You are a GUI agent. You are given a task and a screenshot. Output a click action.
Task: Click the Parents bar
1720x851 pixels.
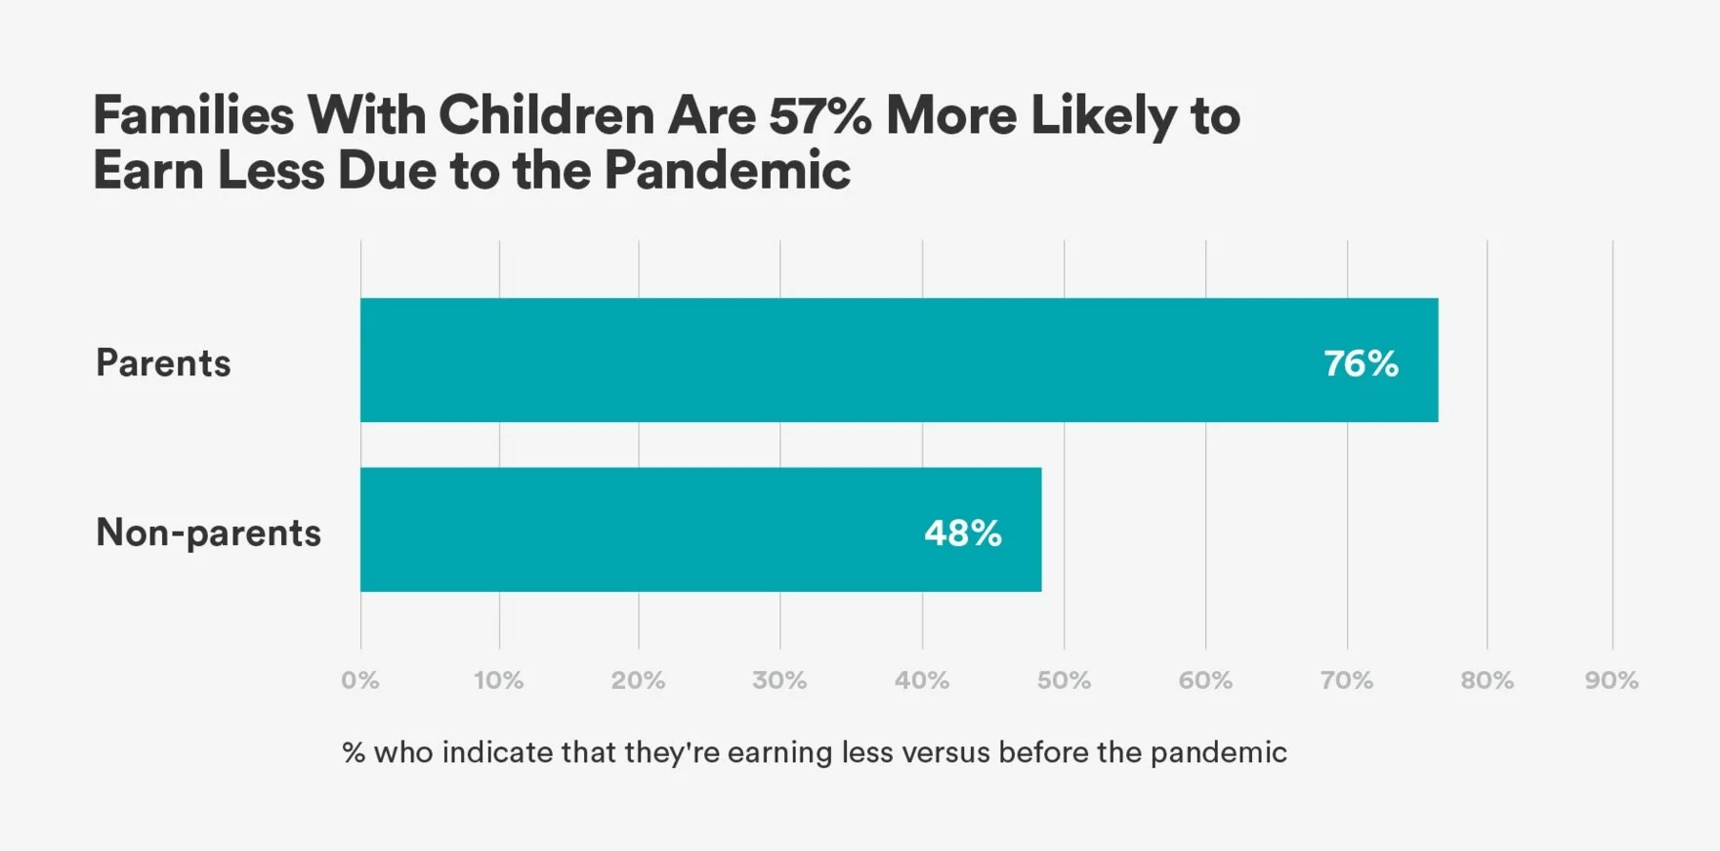[x=899, y=360]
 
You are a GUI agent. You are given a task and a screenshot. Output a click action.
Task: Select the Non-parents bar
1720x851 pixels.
[x=700, y=530]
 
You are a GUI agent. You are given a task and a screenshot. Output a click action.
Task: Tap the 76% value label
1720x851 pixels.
[x=1361, y=363]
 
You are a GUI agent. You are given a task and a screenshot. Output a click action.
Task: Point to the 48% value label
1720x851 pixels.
[x=962, y=533]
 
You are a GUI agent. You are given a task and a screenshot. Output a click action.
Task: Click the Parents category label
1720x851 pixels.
[x=163, y=363]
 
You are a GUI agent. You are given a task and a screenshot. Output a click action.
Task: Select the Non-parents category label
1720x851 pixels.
[x=208, y=533]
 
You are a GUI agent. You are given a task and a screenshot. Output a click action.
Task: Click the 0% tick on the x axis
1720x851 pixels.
[x=360, y=680]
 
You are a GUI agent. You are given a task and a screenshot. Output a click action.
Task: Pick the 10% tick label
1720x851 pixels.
[x=499, y=680]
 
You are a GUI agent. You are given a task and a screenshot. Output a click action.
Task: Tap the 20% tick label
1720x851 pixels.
[x=639, y=680]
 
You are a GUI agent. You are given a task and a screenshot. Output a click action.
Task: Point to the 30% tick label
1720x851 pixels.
[x=779, y=680]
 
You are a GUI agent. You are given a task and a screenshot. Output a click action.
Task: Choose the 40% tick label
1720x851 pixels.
[x=922, y=680]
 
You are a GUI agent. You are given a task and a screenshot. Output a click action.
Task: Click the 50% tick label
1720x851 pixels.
[x=1064, y=680]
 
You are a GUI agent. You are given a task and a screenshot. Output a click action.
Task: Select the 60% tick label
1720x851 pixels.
[x=1205, y=680]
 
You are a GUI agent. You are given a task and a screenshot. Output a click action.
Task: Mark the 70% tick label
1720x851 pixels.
[x=1347, y=680]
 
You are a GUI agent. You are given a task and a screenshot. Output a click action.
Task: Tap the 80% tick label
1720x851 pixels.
[x=1487, y=680]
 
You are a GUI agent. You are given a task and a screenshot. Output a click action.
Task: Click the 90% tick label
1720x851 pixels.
[x=1612, y=680]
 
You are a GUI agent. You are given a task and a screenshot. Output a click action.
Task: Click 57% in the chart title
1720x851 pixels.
[x=819, y=115]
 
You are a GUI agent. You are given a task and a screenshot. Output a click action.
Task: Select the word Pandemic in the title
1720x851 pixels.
[x=727, y=171]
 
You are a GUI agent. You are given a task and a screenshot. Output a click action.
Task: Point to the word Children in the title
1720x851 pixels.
[x=546, y=115]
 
